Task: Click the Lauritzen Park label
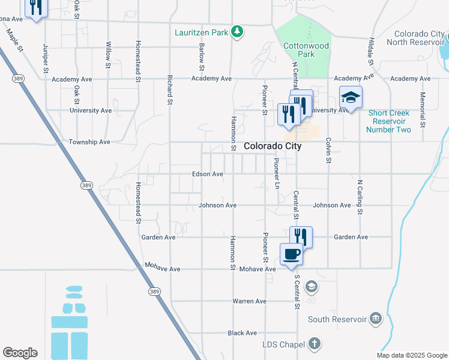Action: tap(201, 32)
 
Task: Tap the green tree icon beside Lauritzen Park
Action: tap(238, 32)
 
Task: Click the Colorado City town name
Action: tap(273, 146)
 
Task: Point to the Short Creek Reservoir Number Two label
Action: tap(389, 121)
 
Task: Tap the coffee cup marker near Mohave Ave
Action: tap(292, 254)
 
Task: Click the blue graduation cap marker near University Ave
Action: tap(351, 98)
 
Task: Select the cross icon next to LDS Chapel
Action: tap(314, 344)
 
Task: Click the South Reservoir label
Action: tap(337, 319)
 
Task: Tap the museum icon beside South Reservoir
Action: tap(376, 318)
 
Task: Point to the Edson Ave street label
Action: tap(208, 174)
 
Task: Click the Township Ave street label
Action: tap(89, 142)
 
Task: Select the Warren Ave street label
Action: tap(249, 301)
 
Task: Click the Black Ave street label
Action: tap(242, 333)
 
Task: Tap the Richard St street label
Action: tap(170, 94)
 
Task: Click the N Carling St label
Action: tap(360, 197)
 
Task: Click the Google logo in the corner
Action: tap(20, 353)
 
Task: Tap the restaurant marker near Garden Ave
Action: tap(301, 236)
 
